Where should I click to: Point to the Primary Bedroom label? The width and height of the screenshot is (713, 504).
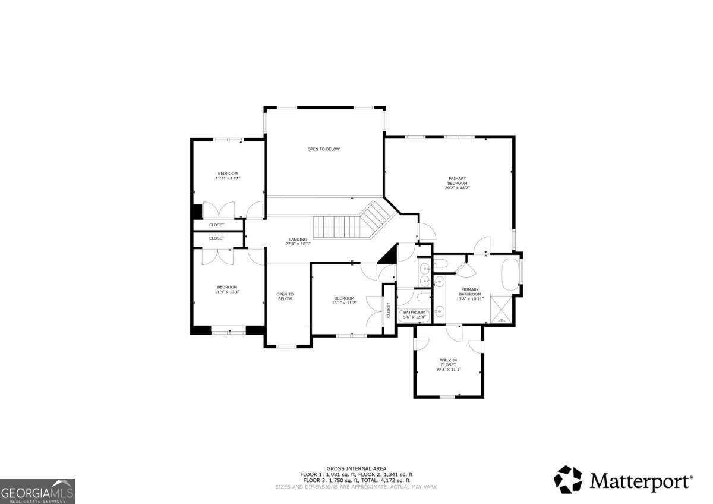pos(457,181)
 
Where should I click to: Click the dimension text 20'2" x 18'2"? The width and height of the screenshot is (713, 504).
pos(457,188)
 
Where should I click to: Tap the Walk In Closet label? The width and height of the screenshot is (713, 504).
pos(449,363)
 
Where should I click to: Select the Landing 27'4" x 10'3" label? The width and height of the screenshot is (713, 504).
pos(298,241)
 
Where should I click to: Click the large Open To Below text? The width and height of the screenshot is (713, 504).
pos(324,149)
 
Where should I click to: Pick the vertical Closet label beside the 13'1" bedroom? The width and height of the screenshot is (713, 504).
pos(389,310)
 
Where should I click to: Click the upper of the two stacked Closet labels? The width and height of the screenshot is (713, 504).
pos(217,225)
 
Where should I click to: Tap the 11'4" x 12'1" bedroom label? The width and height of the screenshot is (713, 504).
pos(227,176)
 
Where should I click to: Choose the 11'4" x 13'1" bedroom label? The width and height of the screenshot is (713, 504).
pos(227,289)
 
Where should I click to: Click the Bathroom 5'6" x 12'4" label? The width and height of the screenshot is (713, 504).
pos(415,315)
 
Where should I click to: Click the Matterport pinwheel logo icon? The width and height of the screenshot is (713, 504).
pos(568,479)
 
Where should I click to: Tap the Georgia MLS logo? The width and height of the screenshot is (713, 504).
pos(37,492)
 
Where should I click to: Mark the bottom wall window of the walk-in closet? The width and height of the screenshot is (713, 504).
pos(447,396)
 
